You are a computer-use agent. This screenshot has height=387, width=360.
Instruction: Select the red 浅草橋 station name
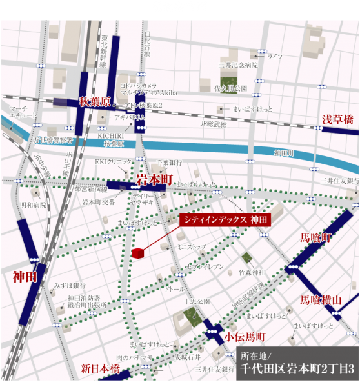click(338, 119)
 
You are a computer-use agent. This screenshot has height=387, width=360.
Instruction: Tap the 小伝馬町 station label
click(245, 337)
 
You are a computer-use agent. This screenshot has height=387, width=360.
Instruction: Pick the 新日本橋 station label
click(101, 369)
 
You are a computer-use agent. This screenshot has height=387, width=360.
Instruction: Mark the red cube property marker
click(137, 253)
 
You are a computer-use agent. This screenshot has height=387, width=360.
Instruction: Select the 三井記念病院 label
click(239, 65)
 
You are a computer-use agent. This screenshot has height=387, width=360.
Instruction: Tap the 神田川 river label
click(284, 153)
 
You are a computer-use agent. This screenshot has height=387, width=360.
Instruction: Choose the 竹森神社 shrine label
click(252, 273)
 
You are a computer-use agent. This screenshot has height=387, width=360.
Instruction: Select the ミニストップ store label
click(192, 246)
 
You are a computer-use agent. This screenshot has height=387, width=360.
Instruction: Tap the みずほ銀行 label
click(70, 284)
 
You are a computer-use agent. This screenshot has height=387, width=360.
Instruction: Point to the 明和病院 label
click(34, 205)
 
